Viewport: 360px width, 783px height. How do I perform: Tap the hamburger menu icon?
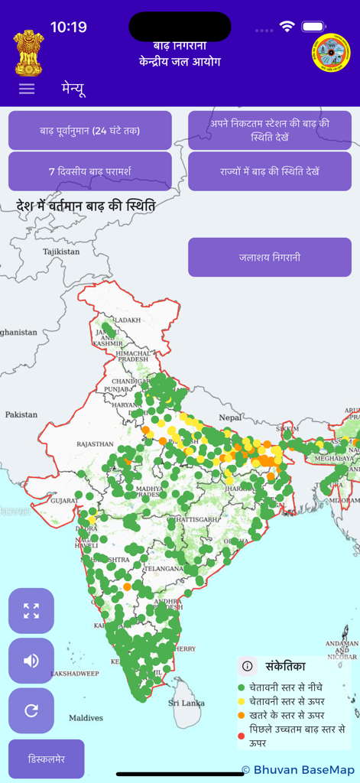27,88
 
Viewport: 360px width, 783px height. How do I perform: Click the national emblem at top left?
29,51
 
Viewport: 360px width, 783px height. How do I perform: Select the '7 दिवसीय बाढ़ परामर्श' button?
90,171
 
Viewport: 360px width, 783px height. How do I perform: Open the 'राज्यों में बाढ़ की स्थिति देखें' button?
270,171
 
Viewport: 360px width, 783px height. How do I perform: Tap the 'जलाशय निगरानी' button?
270,257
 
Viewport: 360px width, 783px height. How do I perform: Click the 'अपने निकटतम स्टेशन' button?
270,130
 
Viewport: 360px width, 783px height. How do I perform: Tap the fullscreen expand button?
31,611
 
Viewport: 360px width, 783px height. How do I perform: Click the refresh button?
31,710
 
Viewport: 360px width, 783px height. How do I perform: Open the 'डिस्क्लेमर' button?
47,759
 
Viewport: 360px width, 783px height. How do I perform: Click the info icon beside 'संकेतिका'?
248,666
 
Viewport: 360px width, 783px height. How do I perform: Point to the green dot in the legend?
242,687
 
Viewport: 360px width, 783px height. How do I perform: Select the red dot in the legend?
242,736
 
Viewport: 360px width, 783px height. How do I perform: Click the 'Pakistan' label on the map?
21,414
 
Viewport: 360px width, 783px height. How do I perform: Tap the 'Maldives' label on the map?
86,718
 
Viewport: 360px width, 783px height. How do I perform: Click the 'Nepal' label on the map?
230,418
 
